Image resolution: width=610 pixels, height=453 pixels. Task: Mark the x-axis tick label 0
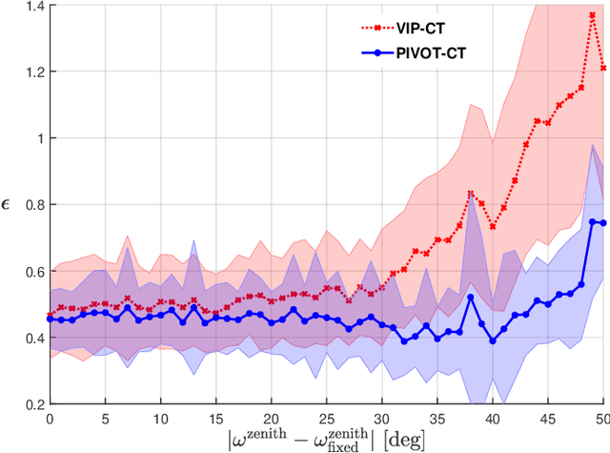(49, 419)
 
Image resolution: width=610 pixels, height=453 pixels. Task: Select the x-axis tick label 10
(160, 419)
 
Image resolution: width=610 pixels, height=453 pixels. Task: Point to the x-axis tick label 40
(493, 419)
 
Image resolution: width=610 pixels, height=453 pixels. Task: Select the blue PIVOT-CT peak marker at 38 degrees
(471, 298)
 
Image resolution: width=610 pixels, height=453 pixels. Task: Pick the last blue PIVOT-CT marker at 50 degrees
(602, 223)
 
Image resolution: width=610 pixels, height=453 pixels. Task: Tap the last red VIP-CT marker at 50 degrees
(602, 68)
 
